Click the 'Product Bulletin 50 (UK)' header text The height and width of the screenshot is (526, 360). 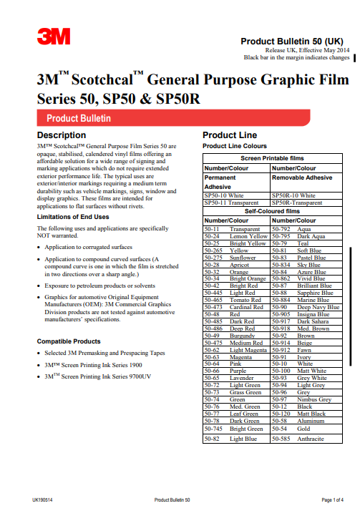coord(295,42)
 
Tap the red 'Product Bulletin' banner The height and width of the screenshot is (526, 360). coord(79,118)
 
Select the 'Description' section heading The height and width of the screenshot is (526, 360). coord(62,135)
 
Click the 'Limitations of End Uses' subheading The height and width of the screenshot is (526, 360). coord(73,217)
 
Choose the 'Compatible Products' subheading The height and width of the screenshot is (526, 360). coord(69,341)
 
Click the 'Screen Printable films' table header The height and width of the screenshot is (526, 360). coord(272,157)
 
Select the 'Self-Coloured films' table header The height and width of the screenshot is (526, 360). coord(272,212)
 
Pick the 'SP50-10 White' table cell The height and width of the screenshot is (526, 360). coord(224,195)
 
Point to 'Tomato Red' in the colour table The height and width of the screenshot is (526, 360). coord(245,299)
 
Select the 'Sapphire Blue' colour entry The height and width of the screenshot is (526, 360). coord(314,293)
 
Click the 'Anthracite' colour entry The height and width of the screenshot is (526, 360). coord(311,439)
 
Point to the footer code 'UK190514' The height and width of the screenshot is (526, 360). coord(43,499)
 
